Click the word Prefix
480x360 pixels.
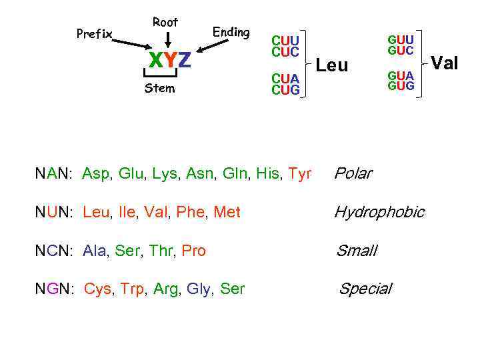coord(94,34)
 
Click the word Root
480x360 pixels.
coord(165,22)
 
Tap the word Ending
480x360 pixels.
coord(231,32)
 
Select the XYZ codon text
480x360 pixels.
coord(169,61)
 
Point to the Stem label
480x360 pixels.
coord(160,89)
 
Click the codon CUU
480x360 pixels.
coord(285,41)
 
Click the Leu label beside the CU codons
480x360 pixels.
coord(332,65)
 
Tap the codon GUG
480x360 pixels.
coord(401,86)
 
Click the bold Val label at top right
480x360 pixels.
coord(445,63)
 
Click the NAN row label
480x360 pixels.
coord(54,175)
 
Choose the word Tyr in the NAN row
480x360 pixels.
coord(300,175)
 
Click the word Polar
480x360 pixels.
coord(353,174)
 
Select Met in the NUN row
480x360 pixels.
coord(227,213)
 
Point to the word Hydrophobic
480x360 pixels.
coord(379,213)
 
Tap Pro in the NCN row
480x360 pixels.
coord(193,251)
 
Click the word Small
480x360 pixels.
coord(357,251)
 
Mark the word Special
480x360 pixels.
coord(365,289)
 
